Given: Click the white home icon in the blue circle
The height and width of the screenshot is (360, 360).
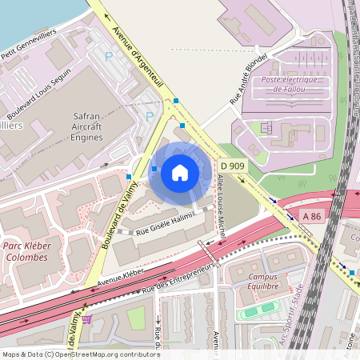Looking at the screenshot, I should (x=180, y=173).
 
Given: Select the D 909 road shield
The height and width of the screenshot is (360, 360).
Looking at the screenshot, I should (x=232, y=166).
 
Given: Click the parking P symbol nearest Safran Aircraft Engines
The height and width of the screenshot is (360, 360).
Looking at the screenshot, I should (x=150, y=116).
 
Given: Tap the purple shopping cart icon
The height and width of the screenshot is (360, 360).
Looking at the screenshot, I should (x=86, y=318).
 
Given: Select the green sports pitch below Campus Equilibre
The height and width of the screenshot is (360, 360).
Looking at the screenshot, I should (x=260, y=311).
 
